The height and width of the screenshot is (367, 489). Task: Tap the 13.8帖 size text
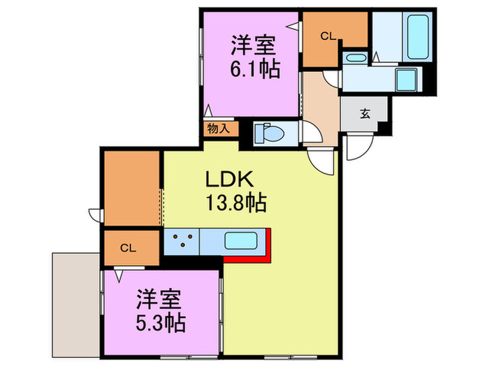tap(235, 203)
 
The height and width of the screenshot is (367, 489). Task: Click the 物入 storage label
tap(217, 129)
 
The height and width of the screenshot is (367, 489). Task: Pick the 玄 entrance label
tap(365, 115)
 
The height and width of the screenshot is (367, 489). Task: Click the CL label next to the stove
tap(127, 247)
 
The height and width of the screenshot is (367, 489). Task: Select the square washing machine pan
tap(406, 80)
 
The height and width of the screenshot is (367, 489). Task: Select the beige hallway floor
tap(321, 105)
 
